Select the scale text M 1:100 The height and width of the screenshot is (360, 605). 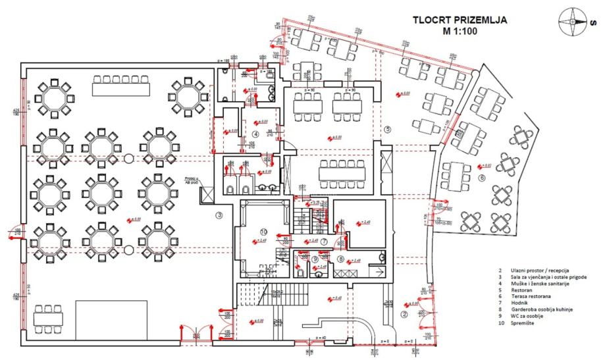(x=460, y=31)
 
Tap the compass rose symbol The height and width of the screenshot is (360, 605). (x=571, y=20)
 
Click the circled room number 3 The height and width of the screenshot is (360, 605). (x=220, y=215)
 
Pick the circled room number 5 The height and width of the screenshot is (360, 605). (x=388, y=130)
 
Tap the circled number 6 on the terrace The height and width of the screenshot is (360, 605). (x=481, y=178)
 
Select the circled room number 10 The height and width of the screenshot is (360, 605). (x=263, y=232)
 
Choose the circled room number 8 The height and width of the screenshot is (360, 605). (x=340, y=259)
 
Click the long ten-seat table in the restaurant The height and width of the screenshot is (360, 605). (x=340, y=173)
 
